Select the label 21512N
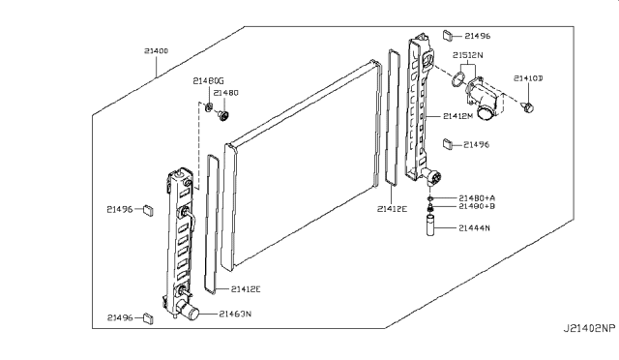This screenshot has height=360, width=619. (x=469, y=55)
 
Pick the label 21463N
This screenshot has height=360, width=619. (x=236, y=314)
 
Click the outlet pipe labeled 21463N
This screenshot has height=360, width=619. (x=189, y=312)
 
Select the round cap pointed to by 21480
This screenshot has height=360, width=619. (x=221, y=116)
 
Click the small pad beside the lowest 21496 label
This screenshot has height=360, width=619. (x=147, y=316)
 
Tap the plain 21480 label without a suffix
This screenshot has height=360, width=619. (x=225, y=93)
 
